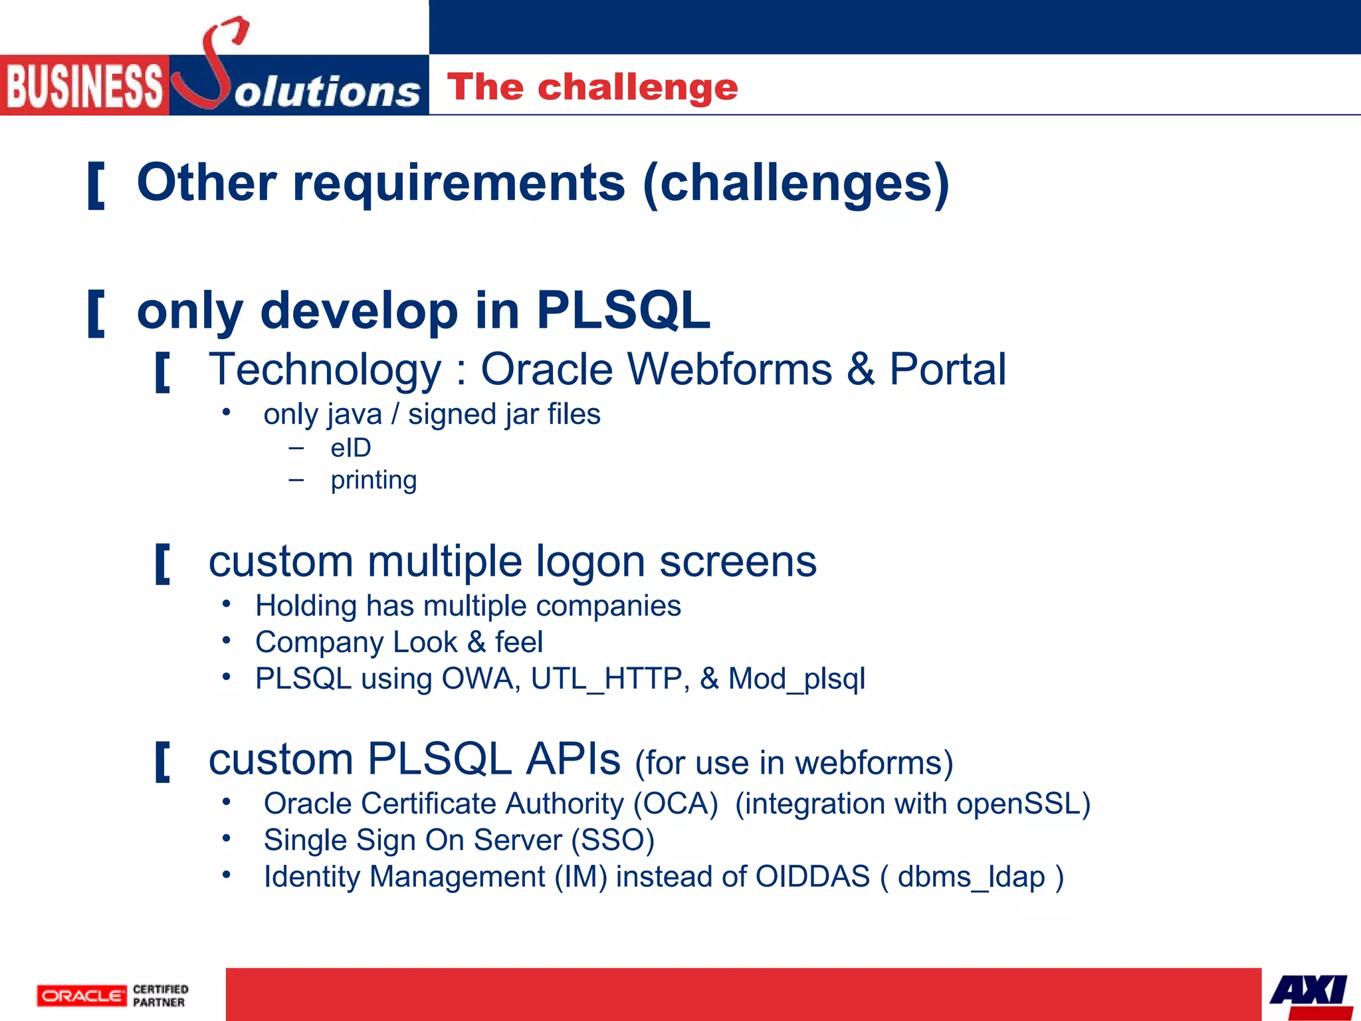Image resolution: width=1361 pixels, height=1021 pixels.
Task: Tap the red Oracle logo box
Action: pos(82,996)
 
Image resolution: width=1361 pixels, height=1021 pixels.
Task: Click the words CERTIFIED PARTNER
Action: pos(160,996)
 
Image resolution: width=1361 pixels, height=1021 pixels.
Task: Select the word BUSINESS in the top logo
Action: pos(84,86)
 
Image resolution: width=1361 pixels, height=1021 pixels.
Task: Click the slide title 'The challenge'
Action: pos(592,87)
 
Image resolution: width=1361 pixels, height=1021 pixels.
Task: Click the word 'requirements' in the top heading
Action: pos(459,183)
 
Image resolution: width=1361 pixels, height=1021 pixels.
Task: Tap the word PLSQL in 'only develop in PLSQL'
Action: pos(623,310)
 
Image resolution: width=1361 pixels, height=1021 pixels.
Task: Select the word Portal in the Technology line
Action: pos(947,370)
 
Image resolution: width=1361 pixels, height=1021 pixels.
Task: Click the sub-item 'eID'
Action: pos(350,448)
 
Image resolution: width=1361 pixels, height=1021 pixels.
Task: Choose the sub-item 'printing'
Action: pos(373,480)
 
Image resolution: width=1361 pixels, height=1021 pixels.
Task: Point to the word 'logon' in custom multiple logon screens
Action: pos(590,562)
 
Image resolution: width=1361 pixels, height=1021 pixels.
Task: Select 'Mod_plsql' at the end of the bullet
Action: pos(796,679)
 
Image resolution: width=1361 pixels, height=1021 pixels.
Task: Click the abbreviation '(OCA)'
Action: pos(675,804)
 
